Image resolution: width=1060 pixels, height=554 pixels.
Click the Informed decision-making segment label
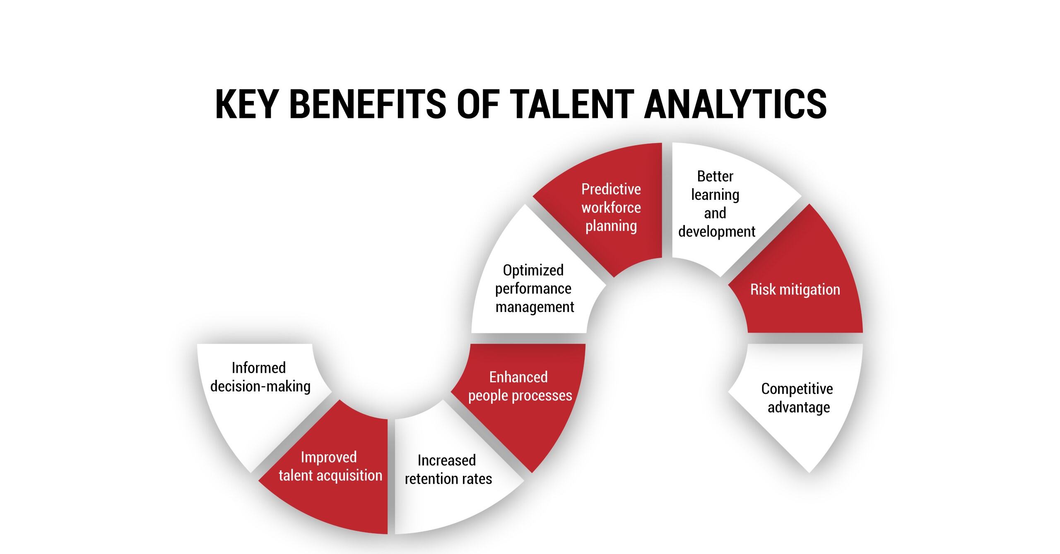coord(260,377)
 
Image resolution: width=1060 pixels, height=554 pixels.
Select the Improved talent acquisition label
coord(330,466)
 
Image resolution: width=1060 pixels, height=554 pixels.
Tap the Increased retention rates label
coord(448,470)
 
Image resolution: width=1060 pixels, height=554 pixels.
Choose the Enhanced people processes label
coord(520,386)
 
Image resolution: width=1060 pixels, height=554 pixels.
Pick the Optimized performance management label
coord(534,288)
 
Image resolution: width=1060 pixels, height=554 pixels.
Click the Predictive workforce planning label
coord(611,207)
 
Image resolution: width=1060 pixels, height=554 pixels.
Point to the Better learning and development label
coord(716,204)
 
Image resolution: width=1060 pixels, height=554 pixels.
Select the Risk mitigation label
coord(795,290)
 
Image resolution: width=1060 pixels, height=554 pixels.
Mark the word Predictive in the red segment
coord(611,189)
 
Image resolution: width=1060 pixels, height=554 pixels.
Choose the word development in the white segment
coord(717,232)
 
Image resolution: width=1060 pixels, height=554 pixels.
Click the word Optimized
coord(533,270)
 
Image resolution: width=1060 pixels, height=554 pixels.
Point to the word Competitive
coord(797,389)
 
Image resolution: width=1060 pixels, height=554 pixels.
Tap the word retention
coord(429,479)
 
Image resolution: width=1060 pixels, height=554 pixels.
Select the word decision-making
coord(260,386)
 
